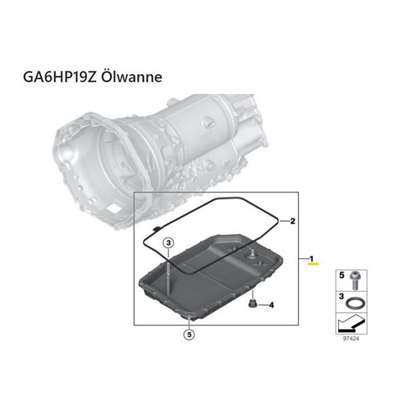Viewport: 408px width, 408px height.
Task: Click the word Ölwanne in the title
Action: click(x=131, y=77)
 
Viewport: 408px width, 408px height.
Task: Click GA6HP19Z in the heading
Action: click(x=60, y=77)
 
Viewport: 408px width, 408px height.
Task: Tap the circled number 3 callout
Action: click(x=169, y=243)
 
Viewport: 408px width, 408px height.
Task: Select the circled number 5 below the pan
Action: click(x=189, y=335)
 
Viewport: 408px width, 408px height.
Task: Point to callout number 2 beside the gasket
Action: click(x=292, y=221)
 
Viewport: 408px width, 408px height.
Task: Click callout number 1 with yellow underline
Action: click(x=311, y=259)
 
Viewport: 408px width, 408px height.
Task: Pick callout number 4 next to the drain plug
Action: click(x=271, y=305)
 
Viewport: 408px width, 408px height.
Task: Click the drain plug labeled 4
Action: click(x=252, y=304)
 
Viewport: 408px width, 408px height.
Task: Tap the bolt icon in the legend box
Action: click(x=355, y=280)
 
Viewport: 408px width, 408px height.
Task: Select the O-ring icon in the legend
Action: click(x=356, y=303)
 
